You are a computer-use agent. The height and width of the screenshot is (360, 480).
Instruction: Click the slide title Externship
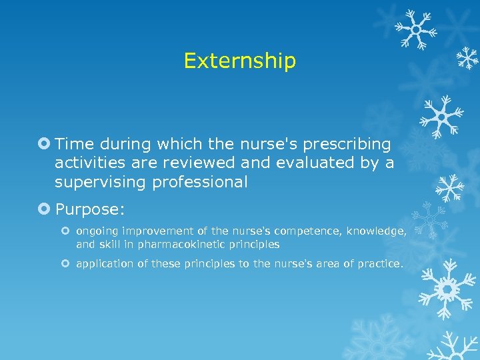coord(239,61)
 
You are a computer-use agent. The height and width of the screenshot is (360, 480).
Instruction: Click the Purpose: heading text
coord(90,209)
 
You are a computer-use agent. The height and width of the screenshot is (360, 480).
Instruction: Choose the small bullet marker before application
coord(67,264)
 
